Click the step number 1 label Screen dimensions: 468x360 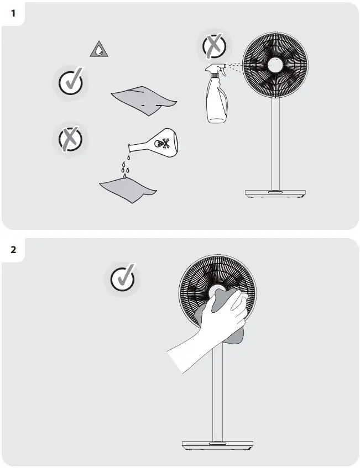pos(13,13)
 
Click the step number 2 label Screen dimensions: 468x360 pos(13,249)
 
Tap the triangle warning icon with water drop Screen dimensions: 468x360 pos(98,50)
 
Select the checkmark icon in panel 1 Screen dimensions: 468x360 pos(71,82)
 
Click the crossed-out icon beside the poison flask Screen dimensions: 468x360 pos(71,139)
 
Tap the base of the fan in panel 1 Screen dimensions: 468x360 pos(275,194)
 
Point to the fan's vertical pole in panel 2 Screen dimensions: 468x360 pos(217,398)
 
